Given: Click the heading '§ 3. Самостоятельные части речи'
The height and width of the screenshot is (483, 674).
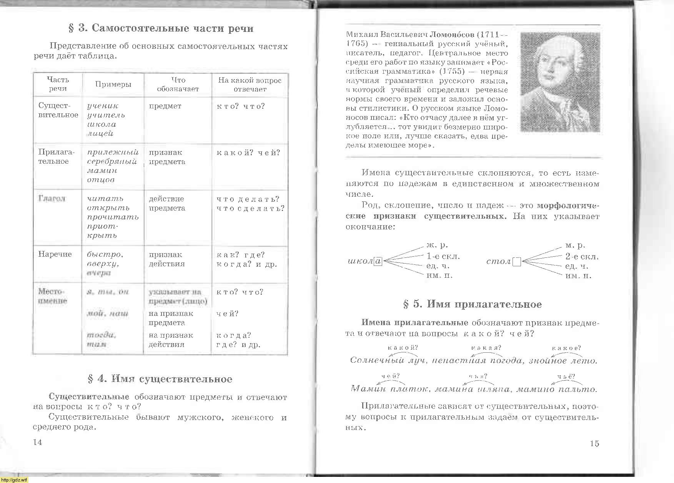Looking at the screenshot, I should (x=161, y=28).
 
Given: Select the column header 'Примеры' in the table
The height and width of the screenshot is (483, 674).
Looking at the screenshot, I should (x=113, y=85).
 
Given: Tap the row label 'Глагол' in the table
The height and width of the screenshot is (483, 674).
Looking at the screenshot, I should (x=52, y=199).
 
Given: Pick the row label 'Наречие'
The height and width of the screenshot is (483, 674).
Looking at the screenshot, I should (x=55, y=254).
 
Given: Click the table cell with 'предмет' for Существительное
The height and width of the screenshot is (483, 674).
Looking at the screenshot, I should (x=165, y=106).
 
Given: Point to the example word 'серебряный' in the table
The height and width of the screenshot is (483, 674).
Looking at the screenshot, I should (x=112, y=161).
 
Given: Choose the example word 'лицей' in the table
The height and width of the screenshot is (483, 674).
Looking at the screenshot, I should (x=100, y=134).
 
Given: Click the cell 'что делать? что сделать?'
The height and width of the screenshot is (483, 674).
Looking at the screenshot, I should (x=250, y=204).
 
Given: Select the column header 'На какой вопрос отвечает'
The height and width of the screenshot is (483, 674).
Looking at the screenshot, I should (x=250, y=85).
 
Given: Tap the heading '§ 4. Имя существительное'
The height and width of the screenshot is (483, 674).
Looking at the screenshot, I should (x=160, y=379).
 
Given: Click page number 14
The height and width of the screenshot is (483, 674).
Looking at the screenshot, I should (x=38, y=442).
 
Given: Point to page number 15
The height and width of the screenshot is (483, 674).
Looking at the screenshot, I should (x=594, y=443).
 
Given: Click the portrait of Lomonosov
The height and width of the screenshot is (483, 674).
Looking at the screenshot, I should (x=560, y=82).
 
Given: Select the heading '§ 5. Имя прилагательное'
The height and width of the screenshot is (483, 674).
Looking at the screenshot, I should (x=472, y=304).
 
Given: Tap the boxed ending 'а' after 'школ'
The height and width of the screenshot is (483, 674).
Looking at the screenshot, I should (x=378, y=261).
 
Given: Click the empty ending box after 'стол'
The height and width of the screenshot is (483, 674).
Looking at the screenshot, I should (x=516, y=262).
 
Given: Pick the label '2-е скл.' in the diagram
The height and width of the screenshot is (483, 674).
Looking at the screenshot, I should (x=582, y=256).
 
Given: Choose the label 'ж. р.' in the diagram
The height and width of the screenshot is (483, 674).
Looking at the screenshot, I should (x=437, y=245).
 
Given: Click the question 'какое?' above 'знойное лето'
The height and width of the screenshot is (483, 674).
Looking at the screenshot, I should (x=566, y=348).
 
